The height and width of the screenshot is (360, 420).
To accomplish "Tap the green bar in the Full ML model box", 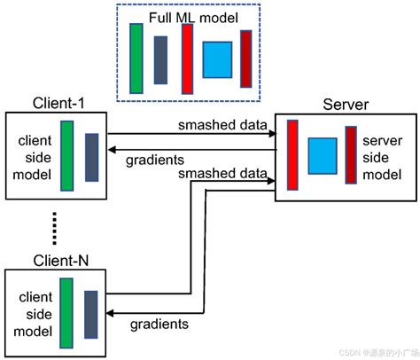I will click(136, 58).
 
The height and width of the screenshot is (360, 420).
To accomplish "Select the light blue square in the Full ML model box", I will click(216, 59).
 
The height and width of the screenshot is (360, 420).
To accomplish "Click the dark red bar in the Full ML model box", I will click(245, 59).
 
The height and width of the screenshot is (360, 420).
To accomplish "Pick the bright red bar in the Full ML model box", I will click(187, 58).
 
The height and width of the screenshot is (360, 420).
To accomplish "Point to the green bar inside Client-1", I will click(66, 156).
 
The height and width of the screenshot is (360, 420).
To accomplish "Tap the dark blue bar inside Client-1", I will click(91, 157).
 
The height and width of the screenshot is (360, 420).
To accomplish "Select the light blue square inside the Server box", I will click(322, 154).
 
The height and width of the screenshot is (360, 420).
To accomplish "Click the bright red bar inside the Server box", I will click(292, 154).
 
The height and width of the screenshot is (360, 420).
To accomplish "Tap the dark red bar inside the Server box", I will click(352, 154).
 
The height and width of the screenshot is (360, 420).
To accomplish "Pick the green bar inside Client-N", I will click(66, 312).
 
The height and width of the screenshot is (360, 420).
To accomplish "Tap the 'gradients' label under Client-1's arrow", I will click(155, 160).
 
